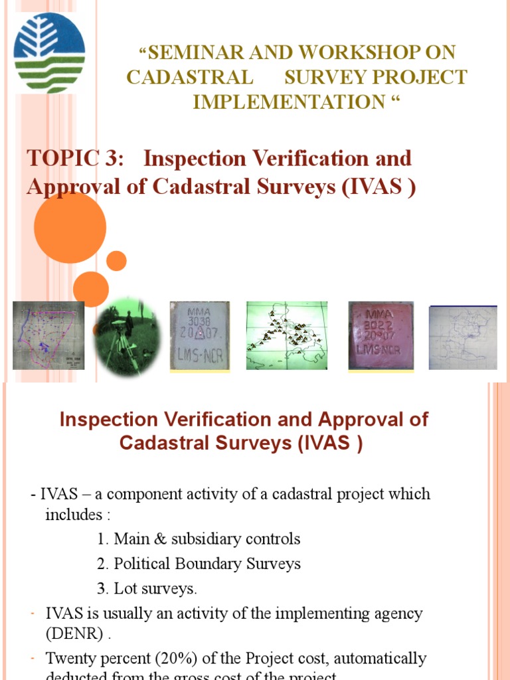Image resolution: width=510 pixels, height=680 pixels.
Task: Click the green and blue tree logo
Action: tap(49, 53)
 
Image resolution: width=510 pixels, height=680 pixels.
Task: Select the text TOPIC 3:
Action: tap(75, 159)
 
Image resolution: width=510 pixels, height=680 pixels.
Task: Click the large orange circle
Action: tap(70, 227)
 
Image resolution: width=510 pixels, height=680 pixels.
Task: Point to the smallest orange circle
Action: tap(116, 261)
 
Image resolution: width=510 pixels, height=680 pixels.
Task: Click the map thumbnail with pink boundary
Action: tap(48, 335)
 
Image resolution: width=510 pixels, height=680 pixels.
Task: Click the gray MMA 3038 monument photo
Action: tap(200, 336)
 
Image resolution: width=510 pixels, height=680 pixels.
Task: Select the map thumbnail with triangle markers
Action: tap(288, 335)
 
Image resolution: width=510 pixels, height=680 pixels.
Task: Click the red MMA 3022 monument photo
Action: tap(381, 335)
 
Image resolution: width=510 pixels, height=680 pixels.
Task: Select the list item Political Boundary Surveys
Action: tap(207, 564)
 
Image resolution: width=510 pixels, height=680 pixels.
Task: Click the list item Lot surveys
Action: tap(155, 588)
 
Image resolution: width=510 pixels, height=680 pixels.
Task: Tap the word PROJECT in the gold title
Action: tap(421, 77)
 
